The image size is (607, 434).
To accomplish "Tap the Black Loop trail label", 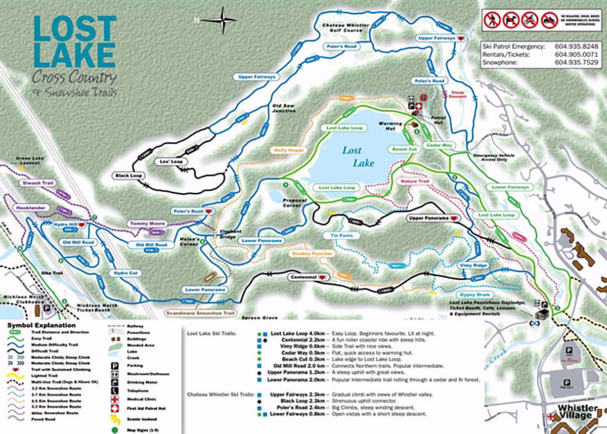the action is click(x=130, y=176).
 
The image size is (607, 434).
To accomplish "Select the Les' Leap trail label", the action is click(x=169, y=161).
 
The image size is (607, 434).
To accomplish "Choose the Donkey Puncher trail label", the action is click(x=312, y=253).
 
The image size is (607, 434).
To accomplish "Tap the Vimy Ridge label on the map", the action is click(x=473, y=266).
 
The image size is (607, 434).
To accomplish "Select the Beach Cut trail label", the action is click(x=404, y=149).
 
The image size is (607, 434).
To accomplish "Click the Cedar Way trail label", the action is click(x=439, y=145).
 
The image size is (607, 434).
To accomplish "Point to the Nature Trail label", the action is click(x=414, y=181).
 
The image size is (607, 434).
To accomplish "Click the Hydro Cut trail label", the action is click(x=121, y=273).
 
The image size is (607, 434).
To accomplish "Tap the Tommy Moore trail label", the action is click(x=140, y=223).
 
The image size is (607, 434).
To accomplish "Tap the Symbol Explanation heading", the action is click(x=41, y=325).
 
